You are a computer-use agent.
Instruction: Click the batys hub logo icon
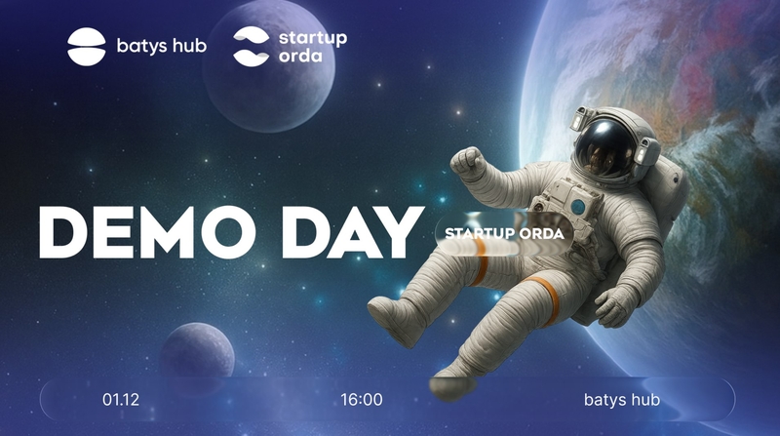coord(87,46)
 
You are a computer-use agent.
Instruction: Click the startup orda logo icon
coord(252,46)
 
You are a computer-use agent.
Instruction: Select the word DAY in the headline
coord(353,232)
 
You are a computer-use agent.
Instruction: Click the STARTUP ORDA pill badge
coord(504,234)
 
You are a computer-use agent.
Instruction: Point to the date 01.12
coord(121,399)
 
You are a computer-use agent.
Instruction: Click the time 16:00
coord(362,399)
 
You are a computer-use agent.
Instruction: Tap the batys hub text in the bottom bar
coord(622,399)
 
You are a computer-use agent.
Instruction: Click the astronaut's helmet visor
coord(605,147)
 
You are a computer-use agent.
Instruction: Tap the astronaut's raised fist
coord(467,163)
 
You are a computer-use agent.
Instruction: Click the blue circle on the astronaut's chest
coord(578,207)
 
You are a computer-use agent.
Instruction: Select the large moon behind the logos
coord(269,65)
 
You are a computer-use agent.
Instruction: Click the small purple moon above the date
coord(198,352)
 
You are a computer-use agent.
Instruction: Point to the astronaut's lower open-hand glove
coord(616,304)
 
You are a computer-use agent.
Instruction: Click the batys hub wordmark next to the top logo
coord(162,46)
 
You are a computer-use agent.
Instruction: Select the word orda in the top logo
coord(300,56)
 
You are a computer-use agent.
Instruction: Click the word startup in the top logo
coord(313,38)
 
